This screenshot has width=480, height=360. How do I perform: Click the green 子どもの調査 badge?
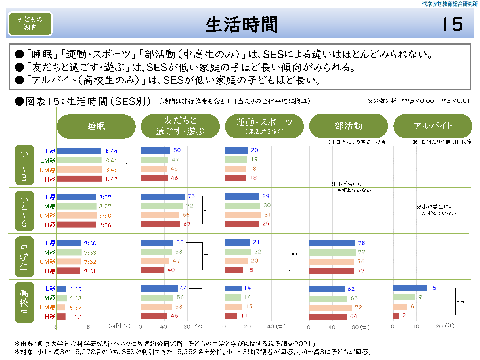[30, 24]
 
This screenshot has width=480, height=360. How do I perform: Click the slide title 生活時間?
[242, 24]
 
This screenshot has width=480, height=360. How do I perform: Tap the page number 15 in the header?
[453, 24]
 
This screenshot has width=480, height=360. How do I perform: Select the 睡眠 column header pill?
[96, 126]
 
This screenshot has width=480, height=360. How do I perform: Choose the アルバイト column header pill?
[433, 126]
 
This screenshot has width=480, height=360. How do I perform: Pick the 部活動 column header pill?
[348, 126]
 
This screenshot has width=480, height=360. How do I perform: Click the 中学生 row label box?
[24, 257]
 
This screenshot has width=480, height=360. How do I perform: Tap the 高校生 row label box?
[24, 302]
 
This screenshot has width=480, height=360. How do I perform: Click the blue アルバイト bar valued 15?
[410, 288]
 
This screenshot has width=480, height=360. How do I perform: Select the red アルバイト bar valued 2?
[396, 316]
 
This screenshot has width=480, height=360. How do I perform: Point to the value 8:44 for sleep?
[112, 151]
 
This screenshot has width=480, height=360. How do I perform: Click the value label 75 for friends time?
[191, 196]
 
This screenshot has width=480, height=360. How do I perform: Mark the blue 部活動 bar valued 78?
[332, 243]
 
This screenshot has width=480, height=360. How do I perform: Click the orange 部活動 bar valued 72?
[330, 307]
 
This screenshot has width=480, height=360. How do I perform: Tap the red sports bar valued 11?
[231, 316]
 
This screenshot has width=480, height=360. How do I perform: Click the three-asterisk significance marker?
[461, 302]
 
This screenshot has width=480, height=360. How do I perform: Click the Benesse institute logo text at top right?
[450, 4]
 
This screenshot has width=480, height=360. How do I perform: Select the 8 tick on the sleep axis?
[88, 327]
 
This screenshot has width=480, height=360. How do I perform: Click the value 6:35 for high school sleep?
[75, 289]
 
